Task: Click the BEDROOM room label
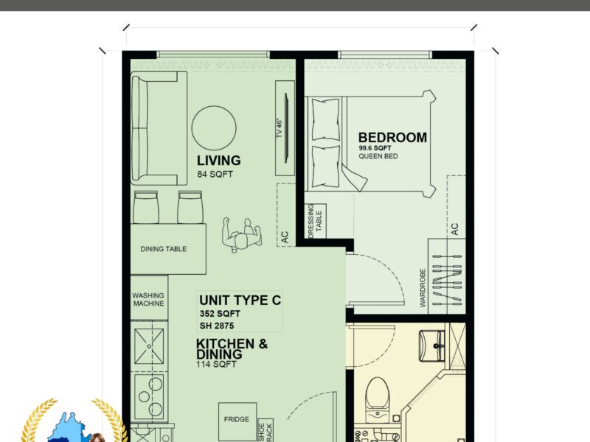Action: pyautogui.click(x=392, y=138)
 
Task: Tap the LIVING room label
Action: pyautogui.click(x=218, y=161)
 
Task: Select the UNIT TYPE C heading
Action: pyautogui.click(x=240, y=301)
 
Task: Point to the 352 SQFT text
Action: pyautogui.click(x=220, y=314)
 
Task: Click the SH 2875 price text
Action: pyautogui.click(x=217, y=326)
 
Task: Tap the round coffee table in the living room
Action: pyautogui.click(x=214, y=127)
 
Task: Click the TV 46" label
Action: pyautogui.click(x=280, y=128)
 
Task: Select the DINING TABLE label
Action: pyautogui.click(x=163, y=249)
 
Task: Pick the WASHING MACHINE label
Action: pyautogui.click(x=148, y=300)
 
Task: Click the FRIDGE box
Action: pyautogui.click(x=237, y=421)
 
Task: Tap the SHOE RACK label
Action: pyautogui.click(x=265, y=432)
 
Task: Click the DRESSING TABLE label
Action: pyautogui.click(x=315, y=221)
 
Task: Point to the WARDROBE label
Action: pyautogui.click(x=422, y=287)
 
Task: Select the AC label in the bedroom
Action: pyautogui.click(x=454, y=229)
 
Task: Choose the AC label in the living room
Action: pyautogui.click(x=285, y=236)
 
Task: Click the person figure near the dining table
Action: pyautogui.click(x=241, y=235)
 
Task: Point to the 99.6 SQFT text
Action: pyautogui.click(x=375, y=148)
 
